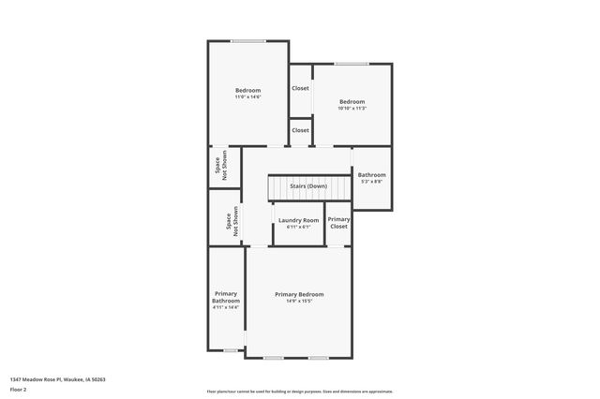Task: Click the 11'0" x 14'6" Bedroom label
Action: point(247,90)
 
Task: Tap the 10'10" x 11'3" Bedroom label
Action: point(352,101)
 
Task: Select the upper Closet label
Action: point(300,88)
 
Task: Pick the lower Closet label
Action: point(300,130)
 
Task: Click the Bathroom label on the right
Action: point(371,175)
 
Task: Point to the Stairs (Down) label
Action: point(308,186)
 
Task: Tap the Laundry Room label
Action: point(298,220)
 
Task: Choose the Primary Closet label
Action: point(338,223)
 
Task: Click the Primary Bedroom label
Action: point(299,294)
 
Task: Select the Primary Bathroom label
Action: point(226,297)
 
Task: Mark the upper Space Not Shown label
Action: point(221,166)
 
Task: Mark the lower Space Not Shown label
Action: point(230,222)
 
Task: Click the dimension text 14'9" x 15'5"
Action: point(299,302)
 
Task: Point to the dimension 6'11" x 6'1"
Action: point(298,227)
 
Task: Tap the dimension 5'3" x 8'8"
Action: point(371,182)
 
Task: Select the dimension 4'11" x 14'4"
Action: point(226,307)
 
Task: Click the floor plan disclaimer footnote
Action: point(299,391)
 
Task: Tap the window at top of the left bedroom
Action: point(247,40)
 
